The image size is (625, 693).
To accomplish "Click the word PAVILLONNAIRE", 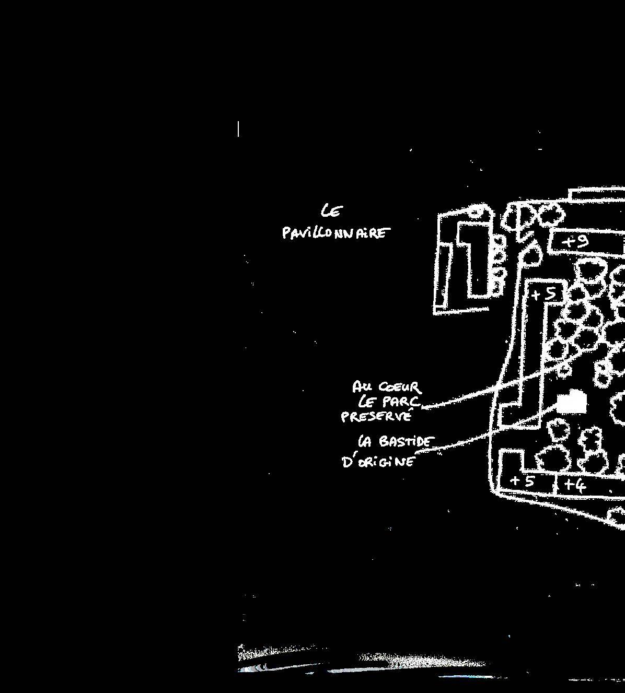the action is pyautogui.click(x=335, y=232).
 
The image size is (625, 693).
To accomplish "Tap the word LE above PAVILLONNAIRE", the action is pyautogui.click(x=332, y=210).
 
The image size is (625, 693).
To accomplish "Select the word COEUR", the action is pyautogui.click(x=400, y=387).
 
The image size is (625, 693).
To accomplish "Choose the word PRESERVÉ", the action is pyautogui.click(x=376, y=417).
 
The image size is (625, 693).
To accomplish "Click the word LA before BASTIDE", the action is pyautogui.click(x=365, y=442).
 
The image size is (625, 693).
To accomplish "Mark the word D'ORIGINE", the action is pyautogui.click(x=379, y=462).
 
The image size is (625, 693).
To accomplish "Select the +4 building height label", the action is pyautogui.click(x=575, y=486).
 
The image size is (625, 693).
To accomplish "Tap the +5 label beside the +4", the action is pyautogui.click(x=522, y=481).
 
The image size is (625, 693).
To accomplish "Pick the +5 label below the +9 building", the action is pyautogui.click(x=544, y=294).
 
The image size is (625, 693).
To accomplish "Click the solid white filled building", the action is pyautogui.click(x=572, y=403).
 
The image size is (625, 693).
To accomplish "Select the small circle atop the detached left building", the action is pyautogui.click(x=474, y=212).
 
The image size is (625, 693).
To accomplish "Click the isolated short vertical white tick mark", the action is pyautogui.click(x=238, y=128).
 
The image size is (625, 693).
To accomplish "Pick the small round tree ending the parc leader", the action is pyautogui.click(x=564, y=370).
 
